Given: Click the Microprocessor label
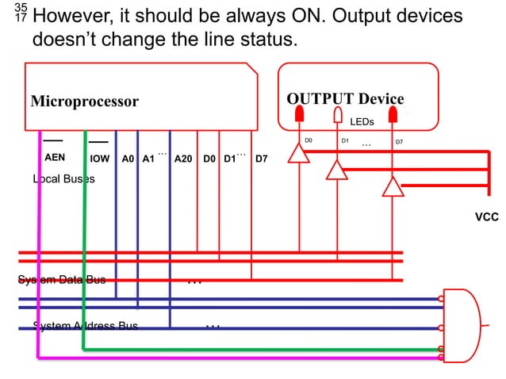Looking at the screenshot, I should click(x=84, y=101).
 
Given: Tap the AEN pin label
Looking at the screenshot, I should click(x=55, y=158).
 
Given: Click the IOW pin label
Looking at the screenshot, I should click(x=100, y=159).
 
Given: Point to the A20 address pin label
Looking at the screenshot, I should click(x=183, y=159).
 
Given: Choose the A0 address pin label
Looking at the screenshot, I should click(x=128, y=159).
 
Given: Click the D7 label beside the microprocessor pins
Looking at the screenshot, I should click(x=261, y=159).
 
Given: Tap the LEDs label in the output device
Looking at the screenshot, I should click(x=362, y=122).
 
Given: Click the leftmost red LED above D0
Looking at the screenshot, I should click(x=299, y=114).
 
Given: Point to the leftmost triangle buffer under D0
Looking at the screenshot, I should click(x=298, y=152).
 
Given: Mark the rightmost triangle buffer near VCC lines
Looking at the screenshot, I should click(x=392, y=186).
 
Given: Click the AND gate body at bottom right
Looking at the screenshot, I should click(x=464, y=325).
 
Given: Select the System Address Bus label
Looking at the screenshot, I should click(x=85, y=326).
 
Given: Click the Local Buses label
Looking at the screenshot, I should click(x=63, y=179).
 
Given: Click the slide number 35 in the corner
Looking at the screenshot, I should click(x=21, y=7).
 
